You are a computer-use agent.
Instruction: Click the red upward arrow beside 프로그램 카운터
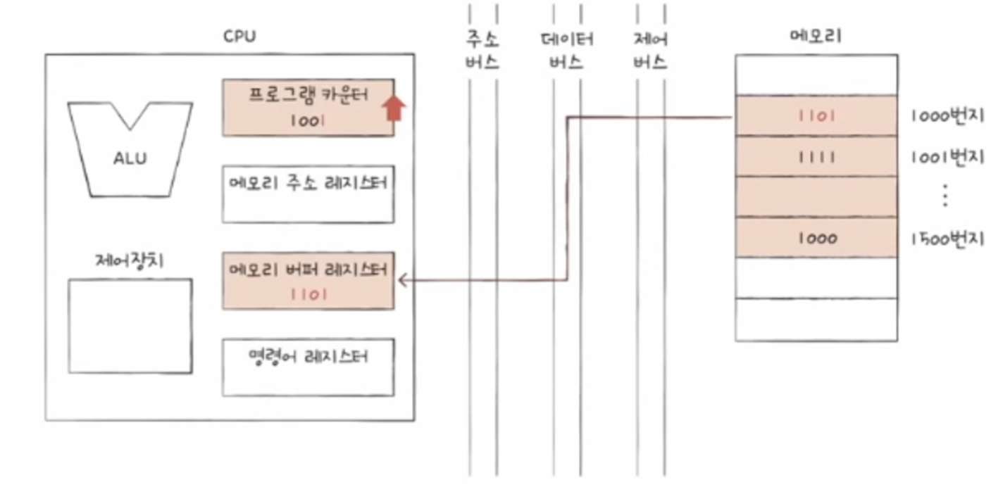395,108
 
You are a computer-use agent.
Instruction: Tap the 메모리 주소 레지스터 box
308,194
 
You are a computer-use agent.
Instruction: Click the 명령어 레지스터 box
308,367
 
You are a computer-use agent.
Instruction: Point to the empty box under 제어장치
130,326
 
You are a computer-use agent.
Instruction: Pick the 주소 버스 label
482,50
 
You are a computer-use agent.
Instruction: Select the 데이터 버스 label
566,50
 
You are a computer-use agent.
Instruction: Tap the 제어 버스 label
650,50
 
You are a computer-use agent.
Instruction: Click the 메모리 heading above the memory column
816,37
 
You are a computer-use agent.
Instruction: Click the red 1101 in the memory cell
817,116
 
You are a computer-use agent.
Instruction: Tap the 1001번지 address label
946,157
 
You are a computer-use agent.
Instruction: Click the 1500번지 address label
946,239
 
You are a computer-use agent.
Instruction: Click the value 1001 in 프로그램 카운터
307,120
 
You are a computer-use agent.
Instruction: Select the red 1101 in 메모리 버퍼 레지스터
309,294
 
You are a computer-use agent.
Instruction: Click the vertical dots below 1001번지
945,196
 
